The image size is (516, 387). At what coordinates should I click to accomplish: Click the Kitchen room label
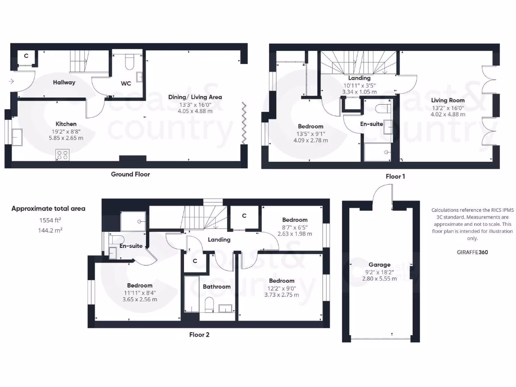coord(66,123)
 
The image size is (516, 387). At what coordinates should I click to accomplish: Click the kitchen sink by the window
coord(16,136)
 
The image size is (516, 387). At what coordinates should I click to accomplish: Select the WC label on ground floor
coord(126,84)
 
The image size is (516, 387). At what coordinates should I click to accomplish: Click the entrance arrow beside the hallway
coord(11,81)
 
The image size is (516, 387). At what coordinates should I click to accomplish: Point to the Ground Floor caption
coord(130,174)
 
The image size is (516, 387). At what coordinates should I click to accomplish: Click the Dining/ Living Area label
coord(195,97)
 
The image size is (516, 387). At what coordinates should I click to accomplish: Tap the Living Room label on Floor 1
coord(448,100)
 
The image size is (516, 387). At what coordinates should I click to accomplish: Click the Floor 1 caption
coord(396,176)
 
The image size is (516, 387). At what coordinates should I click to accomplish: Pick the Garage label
coord(379,265)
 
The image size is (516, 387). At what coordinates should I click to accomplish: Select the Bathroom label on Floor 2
coord(217,287)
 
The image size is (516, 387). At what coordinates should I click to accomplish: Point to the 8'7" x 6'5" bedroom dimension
coord(295,227)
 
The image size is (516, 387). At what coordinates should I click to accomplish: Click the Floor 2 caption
coord(199,334)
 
